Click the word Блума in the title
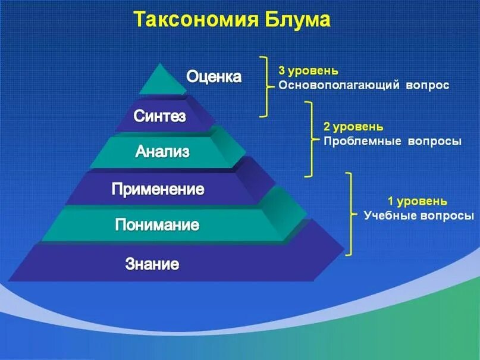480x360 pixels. click(x=295, y=20)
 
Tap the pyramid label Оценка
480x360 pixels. click(x=214, y=77)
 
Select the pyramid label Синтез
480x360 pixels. click(x=159, y=115)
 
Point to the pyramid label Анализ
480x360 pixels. click(x=162, y=151)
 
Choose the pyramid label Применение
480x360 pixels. click(x=158, y=190)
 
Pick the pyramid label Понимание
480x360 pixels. click(x=157, y=225)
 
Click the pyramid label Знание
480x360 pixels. click(x=152, y=264)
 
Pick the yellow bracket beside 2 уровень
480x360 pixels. click(x=309, y=139)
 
